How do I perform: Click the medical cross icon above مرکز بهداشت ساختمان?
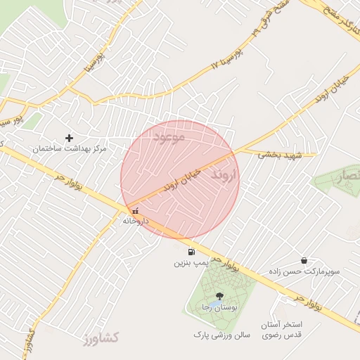[x=69, y=138]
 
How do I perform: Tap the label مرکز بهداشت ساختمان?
[x=70, y=149]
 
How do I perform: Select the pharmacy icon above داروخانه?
[x=134, y=210]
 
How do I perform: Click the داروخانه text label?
[x=136, y=220]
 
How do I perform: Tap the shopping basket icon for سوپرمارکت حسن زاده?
[x=303, y=260]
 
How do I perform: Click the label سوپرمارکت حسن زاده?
[x=304, y=271]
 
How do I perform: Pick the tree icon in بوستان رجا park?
[x=220, y=296]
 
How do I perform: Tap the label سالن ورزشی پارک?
[x=222, y=336]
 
